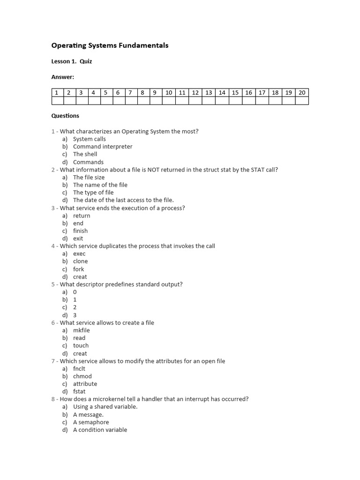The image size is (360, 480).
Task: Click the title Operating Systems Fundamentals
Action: pos(109,45)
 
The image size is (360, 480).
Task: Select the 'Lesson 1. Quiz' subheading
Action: pos(71,61)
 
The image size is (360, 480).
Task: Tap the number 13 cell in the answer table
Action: pos(209,93)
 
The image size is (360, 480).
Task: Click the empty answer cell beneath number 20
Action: pos(302,101)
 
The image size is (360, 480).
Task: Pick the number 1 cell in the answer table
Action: pos(56,93)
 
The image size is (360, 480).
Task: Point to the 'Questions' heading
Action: pos(65,116)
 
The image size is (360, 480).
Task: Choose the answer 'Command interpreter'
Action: pos(103,147)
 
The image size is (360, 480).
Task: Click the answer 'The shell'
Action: pos(85,154)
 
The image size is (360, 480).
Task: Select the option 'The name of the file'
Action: pos(100,185)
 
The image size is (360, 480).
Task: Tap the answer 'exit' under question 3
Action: pos(78,239)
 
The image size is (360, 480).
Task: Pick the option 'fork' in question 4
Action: pos(78,270)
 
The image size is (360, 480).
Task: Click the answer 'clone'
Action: pos(80,262)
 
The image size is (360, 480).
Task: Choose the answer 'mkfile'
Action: pos(81,330)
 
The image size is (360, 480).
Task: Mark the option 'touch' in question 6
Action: pos(81,346)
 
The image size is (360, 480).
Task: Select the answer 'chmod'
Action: pos(82,376)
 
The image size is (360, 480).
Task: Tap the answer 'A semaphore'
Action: pos(91,422)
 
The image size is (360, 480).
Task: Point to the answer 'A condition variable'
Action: pos(100,430)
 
